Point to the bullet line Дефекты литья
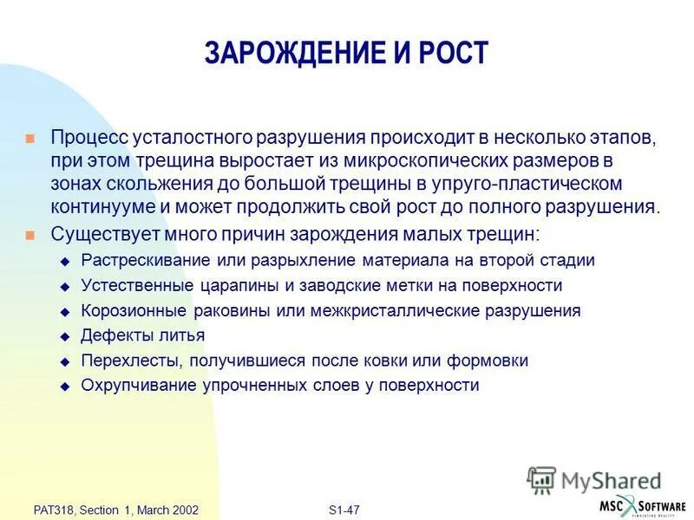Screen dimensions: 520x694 point(143,335)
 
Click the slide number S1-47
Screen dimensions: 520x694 point(344,510)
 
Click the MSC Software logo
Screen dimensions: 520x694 point(641,506)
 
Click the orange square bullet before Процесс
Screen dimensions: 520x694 point(30,139)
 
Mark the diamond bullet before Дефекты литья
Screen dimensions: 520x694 point(63,336)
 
